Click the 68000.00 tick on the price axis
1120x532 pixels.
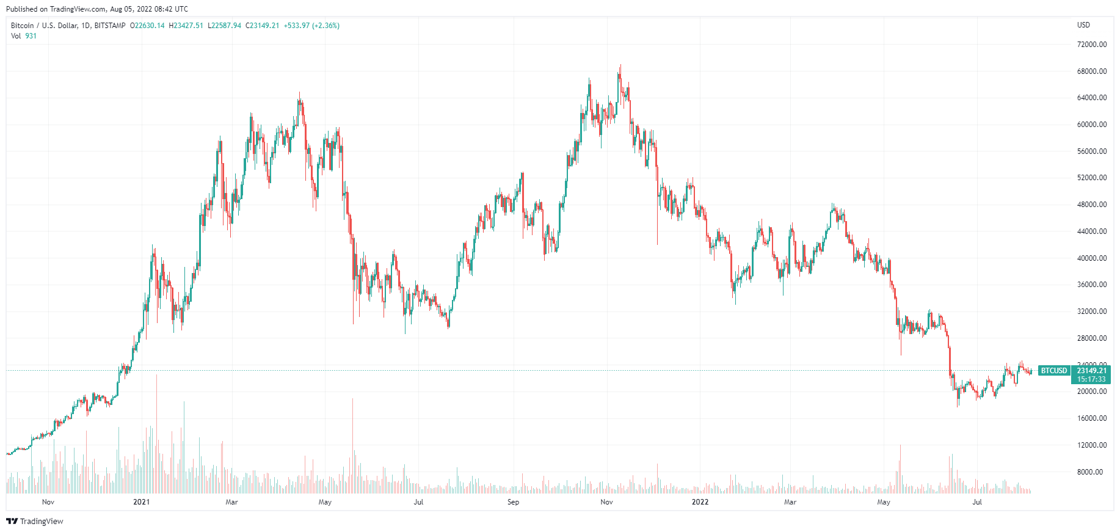tap(1091, 71)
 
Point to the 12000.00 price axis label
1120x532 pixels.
tap(1091, 445)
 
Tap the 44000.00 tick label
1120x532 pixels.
tap(1091, 231)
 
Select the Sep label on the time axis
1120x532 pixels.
tap(513, 502)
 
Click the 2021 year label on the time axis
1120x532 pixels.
tap(141, 502)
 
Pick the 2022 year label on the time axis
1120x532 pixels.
tap(700, 502)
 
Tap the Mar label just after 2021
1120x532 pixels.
tap(231, 502)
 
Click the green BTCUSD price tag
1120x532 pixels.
tap(1054, 371)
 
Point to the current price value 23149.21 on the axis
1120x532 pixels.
tap(1091, 371)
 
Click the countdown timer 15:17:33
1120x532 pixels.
tap(1091, 379)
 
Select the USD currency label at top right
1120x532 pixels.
tap(1083, 25)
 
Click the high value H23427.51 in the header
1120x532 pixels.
tap(186, 26)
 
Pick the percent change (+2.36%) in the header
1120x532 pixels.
tap(325, 26)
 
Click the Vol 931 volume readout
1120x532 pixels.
tap(24, 36)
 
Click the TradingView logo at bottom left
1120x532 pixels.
tap(35, 521)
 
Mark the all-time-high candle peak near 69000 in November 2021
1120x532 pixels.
tap(620, 65)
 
